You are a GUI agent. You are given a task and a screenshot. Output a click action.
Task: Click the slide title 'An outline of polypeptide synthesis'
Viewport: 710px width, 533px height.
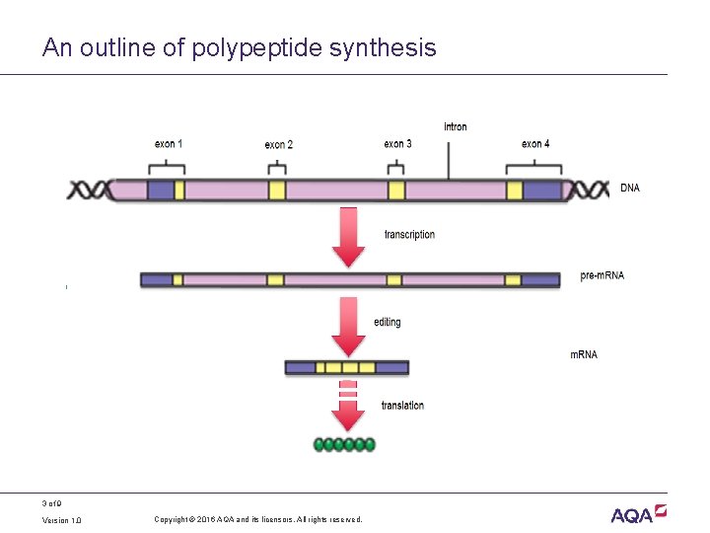[239, 47]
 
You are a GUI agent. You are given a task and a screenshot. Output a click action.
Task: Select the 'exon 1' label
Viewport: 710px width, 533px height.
[168, 144]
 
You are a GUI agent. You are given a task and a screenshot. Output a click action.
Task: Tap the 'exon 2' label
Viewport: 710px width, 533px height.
[278, 145]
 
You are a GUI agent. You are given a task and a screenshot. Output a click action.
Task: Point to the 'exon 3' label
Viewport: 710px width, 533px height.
[397, 144]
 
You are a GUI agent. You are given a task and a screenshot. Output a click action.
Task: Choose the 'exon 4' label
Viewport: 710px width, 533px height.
[535, 144]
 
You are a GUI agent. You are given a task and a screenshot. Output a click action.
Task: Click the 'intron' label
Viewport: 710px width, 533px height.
[456, 126]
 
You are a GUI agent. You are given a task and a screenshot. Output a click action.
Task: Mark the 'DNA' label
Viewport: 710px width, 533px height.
[629, 188]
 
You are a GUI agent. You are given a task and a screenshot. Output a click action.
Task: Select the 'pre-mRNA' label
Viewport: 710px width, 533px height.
[602, 275]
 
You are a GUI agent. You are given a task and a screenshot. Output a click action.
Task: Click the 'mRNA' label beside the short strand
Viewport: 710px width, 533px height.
[584, 354]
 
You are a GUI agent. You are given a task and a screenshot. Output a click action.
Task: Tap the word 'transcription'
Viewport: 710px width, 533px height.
[409, 235]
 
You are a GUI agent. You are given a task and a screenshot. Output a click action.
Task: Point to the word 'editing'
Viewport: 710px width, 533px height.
[388, 322]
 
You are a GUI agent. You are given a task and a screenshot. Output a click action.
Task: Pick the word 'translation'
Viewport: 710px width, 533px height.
[402, 406]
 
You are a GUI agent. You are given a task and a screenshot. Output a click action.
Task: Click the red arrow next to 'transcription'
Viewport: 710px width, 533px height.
[348, 237]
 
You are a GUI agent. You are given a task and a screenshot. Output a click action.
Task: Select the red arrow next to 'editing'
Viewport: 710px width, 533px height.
[348, 327]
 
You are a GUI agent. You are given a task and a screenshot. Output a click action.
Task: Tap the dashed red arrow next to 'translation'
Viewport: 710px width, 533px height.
[348, 408]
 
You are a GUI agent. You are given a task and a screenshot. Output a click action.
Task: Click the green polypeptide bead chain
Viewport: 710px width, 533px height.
[344, 444]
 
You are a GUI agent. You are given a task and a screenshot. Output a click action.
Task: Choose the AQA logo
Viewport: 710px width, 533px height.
[638, 513]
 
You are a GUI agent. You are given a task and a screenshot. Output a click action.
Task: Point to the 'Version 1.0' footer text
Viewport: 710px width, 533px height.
[62, 520]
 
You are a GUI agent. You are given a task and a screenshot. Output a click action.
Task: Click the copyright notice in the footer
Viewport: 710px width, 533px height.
[258, 520]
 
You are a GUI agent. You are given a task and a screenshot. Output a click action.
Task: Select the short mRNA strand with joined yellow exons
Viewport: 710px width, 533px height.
[347, 367]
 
